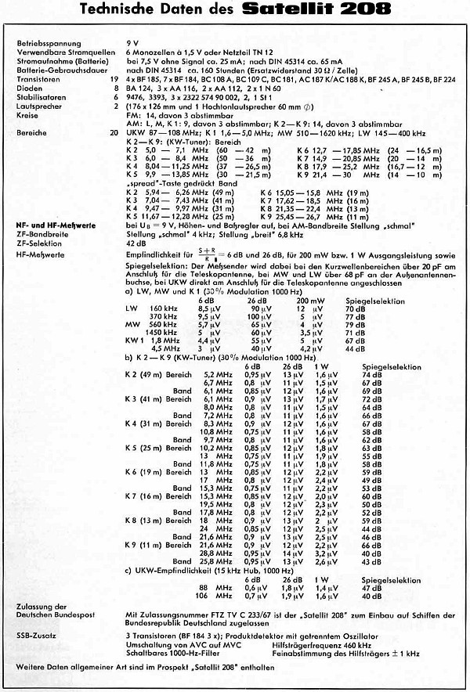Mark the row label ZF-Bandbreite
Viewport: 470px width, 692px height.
tap(36, 234)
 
